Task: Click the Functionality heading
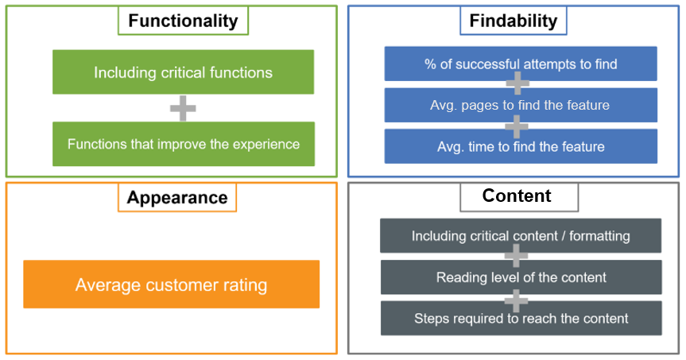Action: tap(183, 21)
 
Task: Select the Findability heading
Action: tap(513, 21)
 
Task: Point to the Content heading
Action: tap(517, 195)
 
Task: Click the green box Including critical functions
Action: tap(183, 72)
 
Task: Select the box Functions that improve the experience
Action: tap(183, 144)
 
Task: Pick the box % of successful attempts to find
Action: tap(521, 64)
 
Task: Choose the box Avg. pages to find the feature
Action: tap(521, 105)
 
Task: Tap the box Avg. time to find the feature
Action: tap(521, 146)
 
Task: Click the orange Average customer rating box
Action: tap(171, 285)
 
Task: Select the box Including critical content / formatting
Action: tap(521, 236)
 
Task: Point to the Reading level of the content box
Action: tap(521, 277)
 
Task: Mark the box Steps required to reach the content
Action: tap(521, 318)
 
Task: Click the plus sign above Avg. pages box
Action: tap(517, 83)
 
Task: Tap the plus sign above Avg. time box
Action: tap(517, 125)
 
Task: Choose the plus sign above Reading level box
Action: tap(517, 256)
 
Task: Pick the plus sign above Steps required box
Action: tap(517, 297)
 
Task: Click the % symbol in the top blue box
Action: tap(430, 64)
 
